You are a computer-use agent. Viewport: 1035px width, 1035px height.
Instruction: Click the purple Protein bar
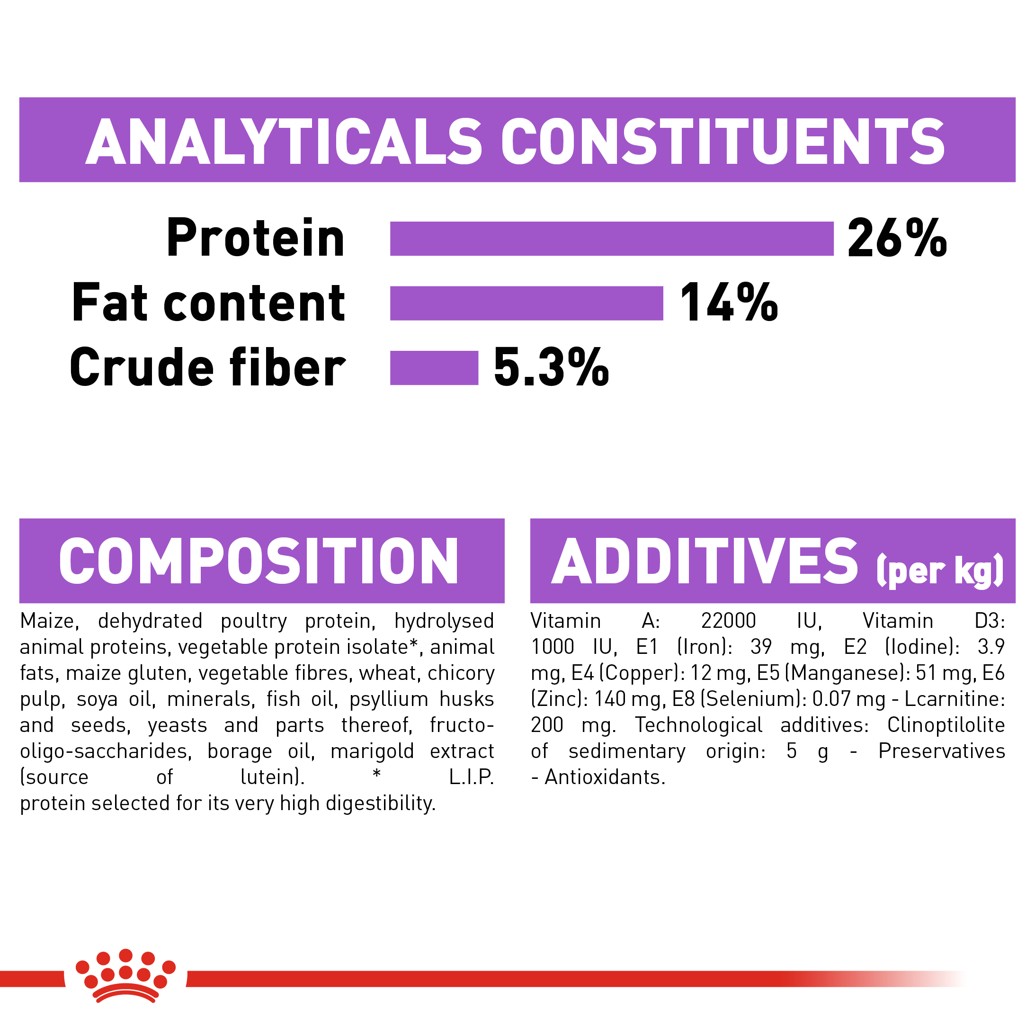coord(612,239)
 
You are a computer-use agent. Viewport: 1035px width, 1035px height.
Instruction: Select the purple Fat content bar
coord(526,303)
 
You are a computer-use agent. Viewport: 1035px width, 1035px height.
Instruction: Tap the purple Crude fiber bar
coord(434,367)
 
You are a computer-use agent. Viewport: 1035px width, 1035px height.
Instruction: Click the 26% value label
coord(897,239)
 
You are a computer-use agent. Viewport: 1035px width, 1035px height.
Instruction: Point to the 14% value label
coord(729,303)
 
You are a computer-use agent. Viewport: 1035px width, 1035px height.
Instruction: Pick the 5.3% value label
coord(551,367)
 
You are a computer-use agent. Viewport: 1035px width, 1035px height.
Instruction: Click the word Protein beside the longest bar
coord(256,239)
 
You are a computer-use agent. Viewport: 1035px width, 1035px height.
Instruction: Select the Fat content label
coord(208,303)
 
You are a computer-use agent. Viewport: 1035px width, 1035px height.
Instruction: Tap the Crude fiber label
coord(208,367)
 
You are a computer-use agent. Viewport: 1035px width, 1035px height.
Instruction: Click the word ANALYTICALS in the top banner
coord(284,142)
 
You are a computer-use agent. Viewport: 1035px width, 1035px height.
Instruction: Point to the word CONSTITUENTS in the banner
coord(723,142)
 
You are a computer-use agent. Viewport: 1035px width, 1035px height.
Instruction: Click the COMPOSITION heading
coord(259,561)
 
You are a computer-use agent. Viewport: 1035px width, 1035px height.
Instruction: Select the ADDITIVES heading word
coord(705,561)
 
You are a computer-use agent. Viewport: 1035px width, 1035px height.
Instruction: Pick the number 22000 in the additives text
coord(729,621)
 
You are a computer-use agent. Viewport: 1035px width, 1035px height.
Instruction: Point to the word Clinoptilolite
coord(946,725)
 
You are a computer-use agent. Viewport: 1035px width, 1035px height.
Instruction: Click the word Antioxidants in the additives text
coord(605,777)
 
